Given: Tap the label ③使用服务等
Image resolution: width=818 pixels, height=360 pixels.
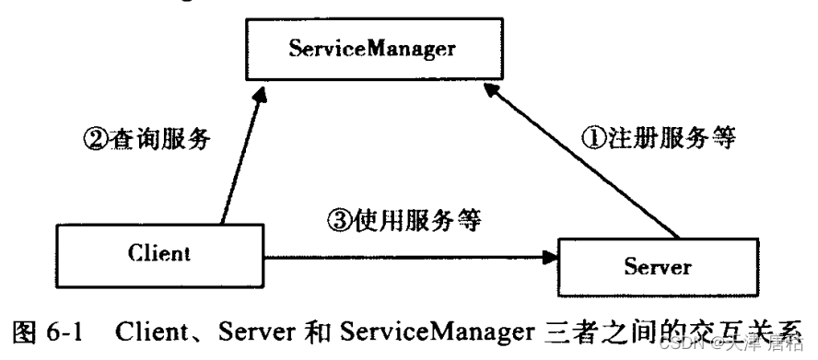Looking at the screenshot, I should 406,220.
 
